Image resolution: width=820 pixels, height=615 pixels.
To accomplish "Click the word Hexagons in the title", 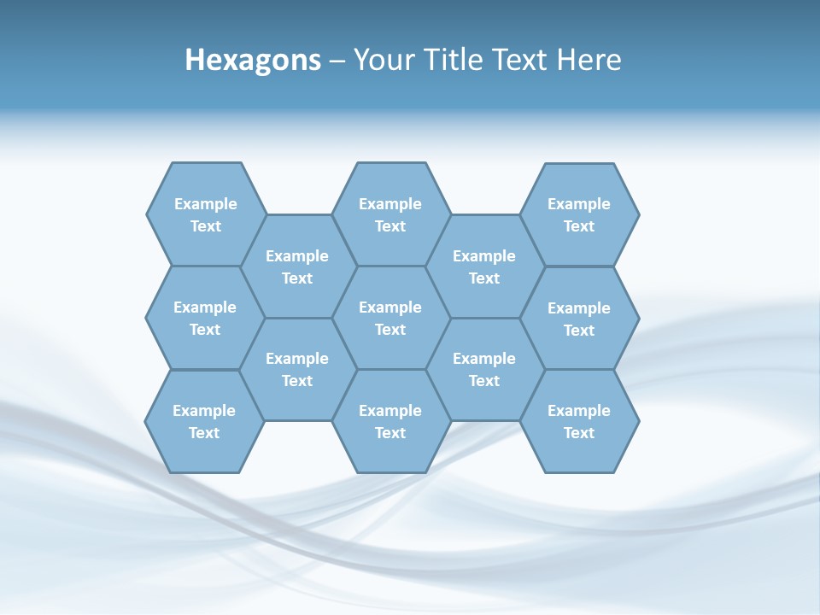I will (x=253, y=60).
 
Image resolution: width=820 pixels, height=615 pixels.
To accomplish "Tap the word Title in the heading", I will (x=451, y=60).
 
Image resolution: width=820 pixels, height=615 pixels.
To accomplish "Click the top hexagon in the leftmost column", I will (x=206, y=214).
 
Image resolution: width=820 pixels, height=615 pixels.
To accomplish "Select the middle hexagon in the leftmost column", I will (x=205, y=318).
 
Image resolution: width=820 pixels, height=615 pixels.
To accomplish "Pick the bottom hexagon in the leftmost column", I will (x=204, y=421).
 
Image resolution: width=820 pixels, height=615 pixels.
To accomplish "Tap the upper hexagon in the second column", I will (x=297, y=266).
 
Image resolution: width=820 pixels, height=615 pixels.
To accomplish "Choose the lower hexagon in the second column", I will (x=297, y=369).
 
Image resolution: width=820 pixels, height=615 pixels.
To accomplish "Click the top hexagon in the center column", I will (x=390, y=214).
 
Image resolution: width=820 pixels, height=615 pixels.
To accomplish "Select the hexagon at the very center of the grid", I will (x=390, y=318).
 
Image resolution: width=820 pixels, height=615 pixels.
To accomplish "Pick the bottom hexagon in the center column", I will (x=390, y=421).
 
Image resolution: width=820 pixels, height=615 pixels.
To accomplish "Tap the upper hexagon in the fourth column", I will (x=484, y=266).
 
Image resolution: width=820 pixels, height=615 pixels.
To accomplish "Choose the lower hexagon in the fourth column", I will (x=484, y=369).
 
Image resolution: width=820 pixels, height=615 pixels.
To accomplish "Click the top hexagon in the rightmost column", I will (x=579, y=214).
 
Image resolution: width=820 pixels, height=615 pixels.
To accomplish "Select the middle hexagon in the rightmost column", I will (x=579, y=319).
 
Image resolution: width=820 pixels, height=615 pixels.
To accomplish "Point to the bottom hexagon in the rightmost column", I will (x=579, y=421).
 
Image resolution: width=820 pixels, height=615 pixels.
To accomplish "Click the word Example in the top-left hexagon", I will (x=206, y=204).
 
